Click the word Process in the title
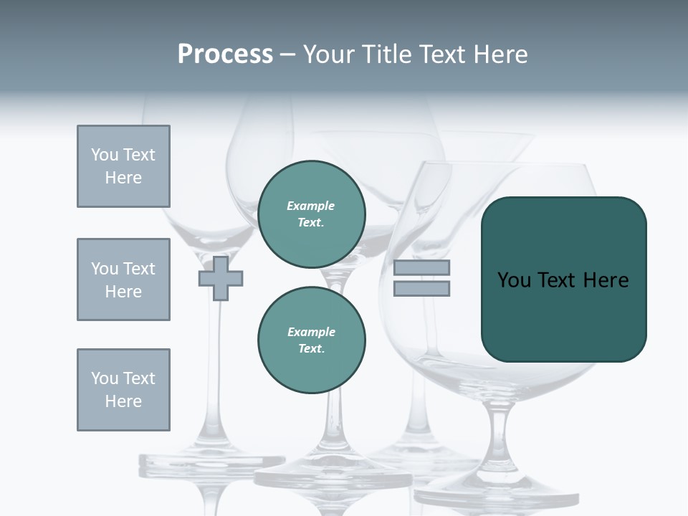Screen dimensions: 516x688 coord(225,54)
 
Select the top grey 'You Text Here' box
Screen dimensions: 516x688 coord(123,166)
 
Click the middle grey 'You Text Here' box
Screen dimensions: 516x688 coord(123,279)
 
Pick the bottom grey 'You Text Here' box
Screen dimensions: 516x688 coord(123,390)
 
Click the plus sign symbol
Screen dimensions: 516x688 coord(221,279)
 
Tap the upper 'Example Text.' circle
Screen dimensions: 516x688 coord(312,214)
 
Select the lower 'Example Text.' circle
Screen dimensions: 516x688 coord(312,340)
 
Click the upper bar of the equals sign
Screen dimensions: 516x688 coord(421,268)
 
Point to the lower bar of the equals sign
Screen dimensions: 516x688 coord(421,289)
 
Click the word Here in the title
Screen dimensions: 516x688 coord(501,54)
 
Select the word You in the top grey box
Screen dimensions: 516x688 coord(104,155)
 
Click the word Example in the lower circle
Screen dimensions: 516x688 coord(312,332)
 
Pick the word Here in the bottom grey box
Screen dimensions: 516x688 coord(123,401)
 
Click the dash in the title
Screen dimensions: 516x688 coord(287,54)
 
